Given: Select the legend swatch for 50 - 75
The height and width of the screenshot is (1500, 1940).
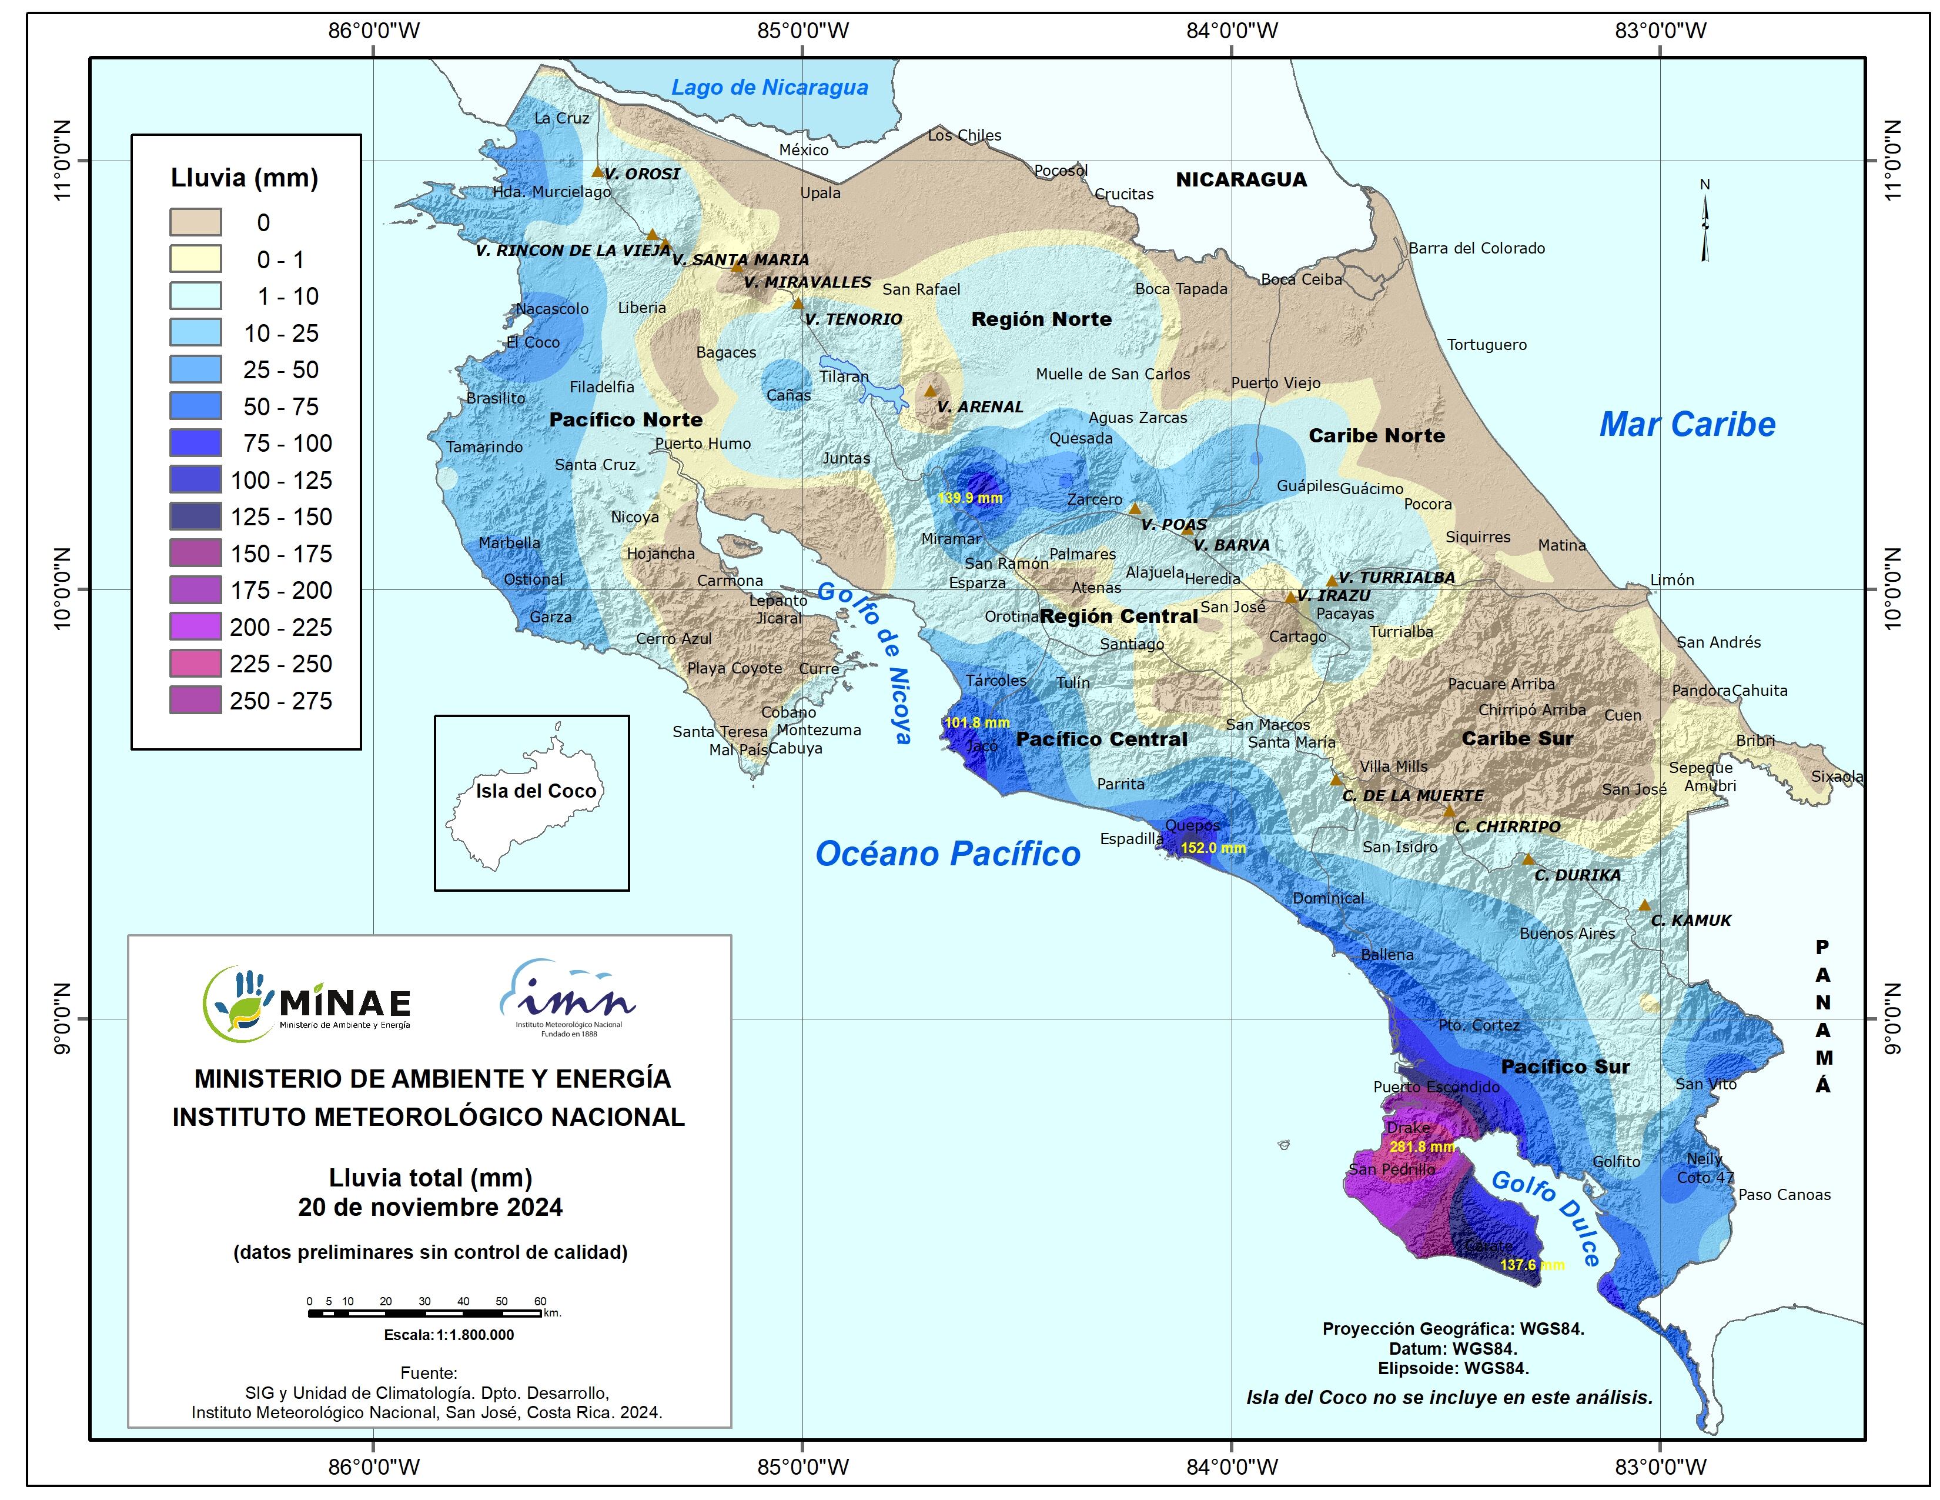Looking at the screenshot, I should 195,406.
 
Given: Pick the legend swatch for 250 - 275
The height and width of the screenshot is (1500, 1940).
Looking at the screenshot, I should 195,700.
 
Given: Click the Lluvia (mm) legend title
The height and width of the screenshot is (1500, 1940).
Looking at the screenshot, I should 245,178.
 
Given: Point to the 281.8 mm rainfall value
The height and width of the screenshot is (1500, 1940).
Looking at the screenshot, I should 1422,1146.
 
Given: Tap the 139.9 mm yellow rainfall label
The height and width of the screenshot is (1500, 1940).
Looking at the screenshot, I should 970,498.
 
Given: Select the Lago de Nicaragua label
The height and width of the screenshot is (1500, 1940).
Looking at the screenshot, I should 770,87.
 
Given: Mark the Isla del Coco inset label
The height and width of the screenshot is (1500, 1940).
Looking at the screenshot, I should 536,791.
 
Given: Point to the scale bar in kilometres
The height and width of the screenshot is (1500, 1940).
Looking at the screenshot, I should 426,1312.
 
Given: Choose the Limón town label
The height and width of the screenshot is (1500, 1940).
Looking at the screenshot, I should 1672,579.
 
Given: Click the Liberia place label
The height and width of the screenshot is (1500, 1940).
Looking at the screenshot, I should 641,308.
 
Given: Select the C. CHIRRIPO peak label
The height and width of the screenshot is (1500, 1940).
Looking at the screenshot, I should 1507,826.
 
